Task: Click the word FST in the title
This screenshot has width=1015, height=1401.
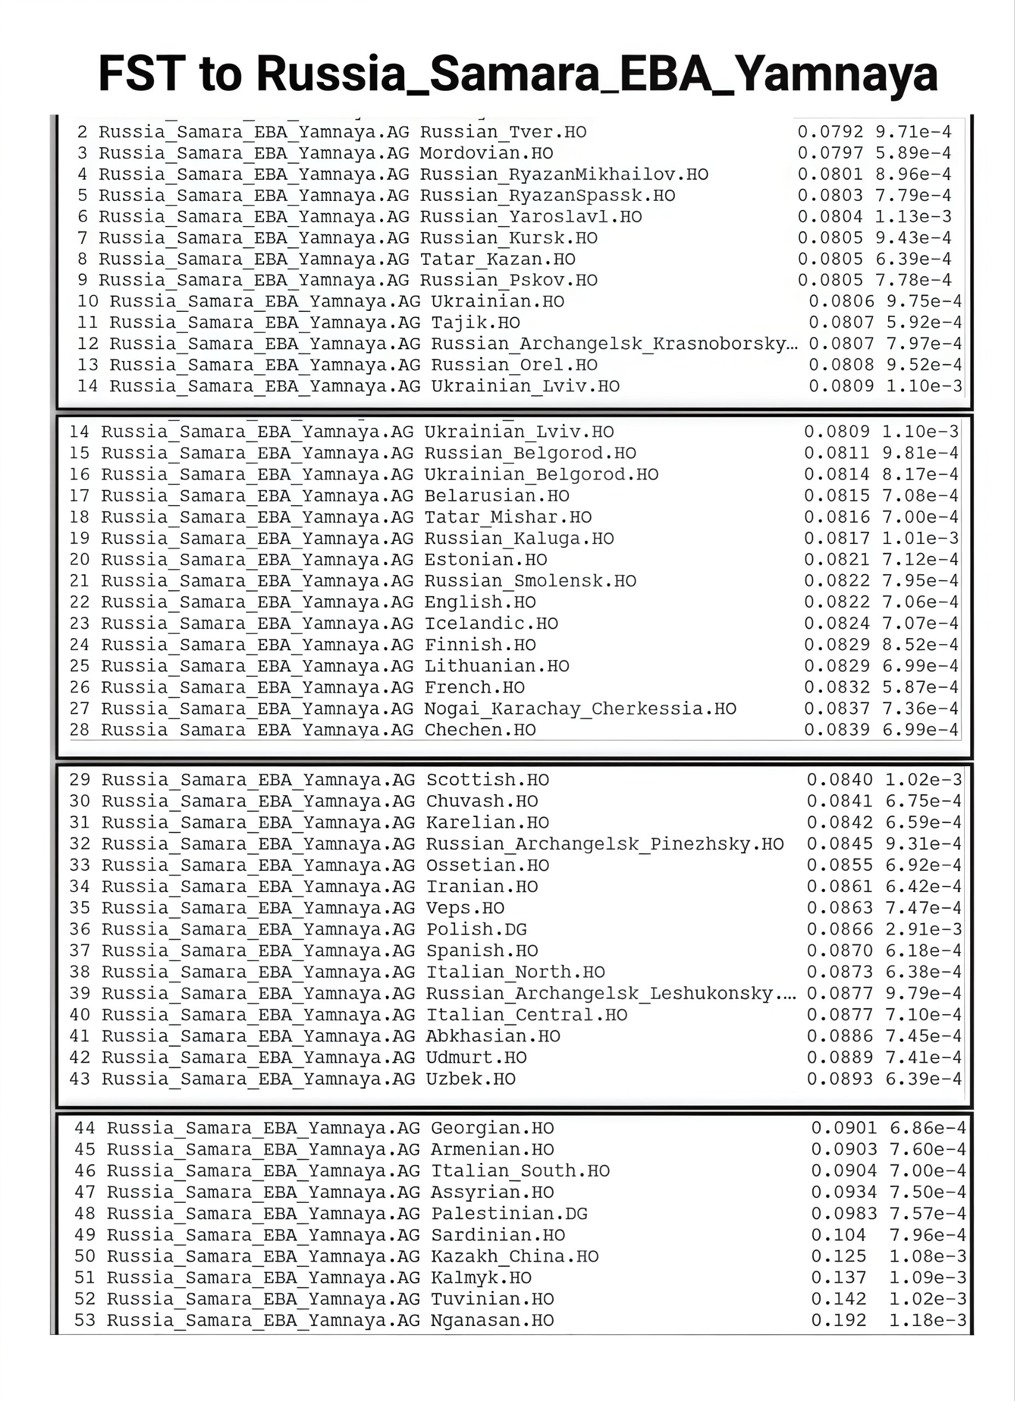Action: click(142, 73)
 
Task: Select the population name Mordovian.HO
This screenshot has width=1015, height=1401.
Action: click(486, 153)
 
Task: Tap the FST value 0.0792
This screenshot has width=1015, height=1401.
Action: click(830, 131)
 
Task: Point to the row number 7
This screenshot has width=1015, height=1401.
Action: click(82, 238)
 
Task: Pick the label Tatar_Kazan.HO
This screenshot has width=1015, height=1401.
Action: click(497, 259)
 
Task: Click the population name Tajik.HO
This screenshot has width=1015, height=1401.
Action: click(475, 322)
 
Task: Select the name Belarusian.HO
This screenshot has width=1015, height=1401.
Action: click(497, 495)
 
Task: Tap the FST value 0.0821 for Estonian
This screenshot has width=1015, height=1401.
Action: click(837, 559)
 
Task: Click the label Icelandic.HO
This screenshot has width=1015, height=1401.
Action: click(491, 623)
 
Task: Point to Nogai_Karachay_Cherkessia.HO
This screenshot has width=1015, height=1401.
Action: click(580, 709)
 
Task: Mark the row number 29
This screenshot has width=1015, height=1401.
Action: click(80, 779)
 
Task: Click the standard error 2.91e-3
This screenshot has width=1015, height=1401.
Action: click(923, 929)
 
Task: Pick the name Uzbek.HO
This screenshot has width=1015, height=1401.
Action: click(470, 1079)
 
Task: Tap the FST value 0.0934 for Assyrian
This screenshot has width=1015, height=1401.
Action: click(843, 1191)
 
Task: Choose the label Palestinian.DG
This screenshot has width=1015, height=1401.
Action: click(509, 1213)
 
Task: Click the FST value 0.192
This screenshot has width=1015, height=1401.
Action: click(838, 1320)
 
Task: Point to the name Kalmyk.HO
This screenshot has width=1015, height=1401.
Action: click(481, 1277)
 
